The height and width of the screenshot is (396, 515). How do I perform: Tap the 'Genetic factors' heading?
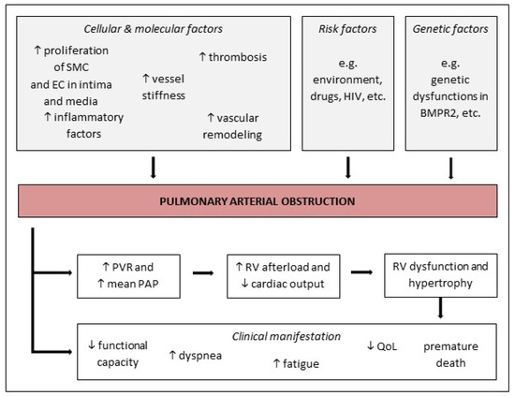pyautogui.click(x=451, y=28)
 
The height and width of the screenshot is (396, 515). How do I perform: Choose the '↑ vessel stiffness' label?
pyautogui.click(x=166, y=87)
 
